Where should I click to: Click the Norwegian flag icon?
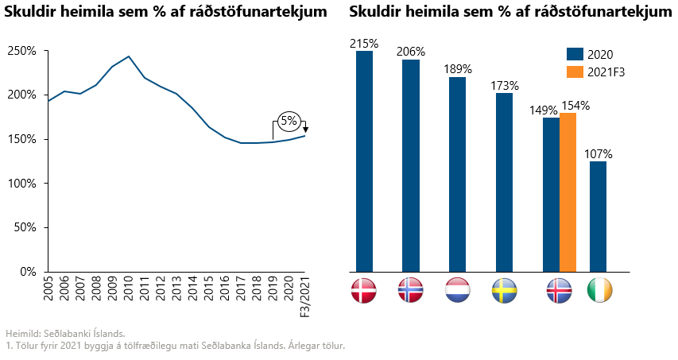click(411, 291)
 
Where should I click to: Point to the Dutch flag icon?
click(458, 291)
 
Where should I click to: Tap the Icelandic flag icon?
click(560, 291)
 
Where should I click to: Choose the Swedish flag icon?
click(505, 291)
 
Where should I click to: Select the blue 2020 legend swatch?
click(575, 54)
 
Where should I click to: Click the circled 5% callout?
click(288, 122)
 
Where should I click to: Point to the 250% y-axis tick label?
click(22, 51)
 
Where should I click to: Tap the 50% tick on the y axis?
click(25, 227)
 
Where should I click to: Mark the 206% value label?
click(411, 52)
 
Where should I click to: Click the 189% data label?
click(458, 69)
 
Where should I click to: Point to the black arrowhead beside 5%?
click(305, 130)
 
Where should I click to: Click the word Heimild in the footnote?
click(20, 334)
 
